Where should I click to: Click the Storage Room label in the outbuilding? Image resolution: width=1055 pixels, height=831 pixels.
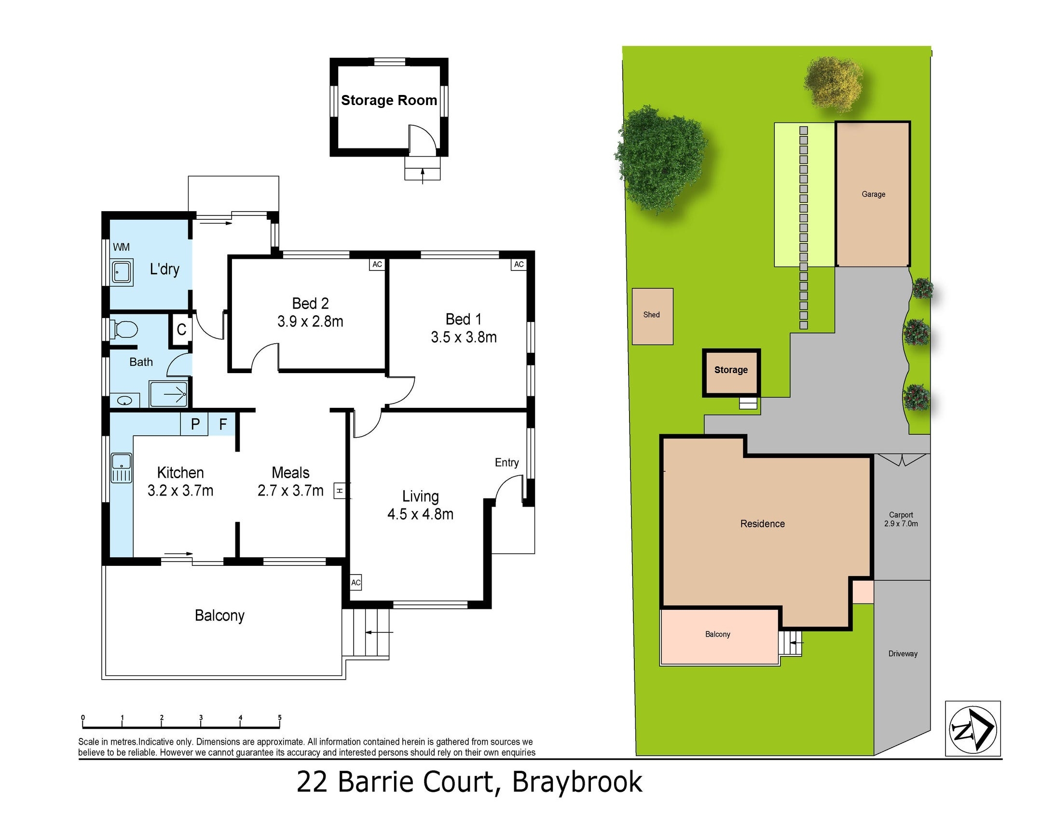coord(388,100)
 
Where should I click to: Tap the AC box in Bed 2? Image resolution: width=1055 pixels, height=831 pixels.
coord(377,265)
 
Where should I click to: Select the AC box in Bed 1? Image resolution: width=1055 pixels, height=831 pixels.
coord(519,265)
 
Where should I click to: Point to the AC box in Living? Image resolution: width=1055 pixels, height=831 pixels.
coord(356,582)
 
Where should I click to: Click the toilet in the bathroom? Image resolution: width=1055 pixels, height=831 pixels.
coord(124,329)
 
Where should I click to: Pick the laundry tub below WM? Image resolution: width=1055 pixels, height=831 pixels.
coord(122,272)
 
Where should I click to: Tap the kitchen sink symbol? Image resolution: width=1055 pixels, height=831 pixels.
coord(121,468)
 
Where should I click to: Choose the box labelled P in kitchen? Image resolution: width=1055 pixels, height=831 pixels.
coord(195,424)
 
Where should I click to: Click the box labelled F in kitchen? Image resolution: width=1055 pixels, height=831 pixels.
coord(223,424)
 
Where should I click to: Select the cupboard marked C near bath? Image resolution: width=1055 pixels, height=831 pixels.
coord(181,330)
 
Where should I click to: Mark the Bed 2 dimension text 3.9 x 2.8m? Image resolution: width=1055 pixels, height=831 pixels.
coord(310,322)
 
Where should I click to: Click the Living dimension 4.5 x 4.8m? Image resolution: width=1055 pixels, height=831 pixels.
coord(420,514)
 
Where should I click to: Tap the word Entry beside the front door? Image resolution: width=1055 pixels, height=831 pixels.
coord(507,463)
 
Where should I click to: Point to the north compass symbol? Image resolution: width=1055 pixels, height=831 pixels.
coord(972,728)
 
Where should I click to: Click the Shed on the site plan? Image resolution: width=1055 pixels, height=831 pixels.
coord(652,316)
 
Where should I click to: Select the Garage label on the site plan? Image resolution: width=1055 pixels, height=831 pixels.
coord(873,194)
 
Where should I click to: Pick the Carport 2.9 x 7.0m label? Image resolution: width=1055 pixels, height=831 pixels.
coord(901,519)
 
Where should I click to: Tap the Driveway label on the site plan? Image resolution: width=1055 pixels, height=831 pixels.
coord(902,654)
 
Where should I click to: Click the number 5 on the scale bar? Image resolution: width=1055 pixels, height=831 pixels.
coord(279,718)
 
